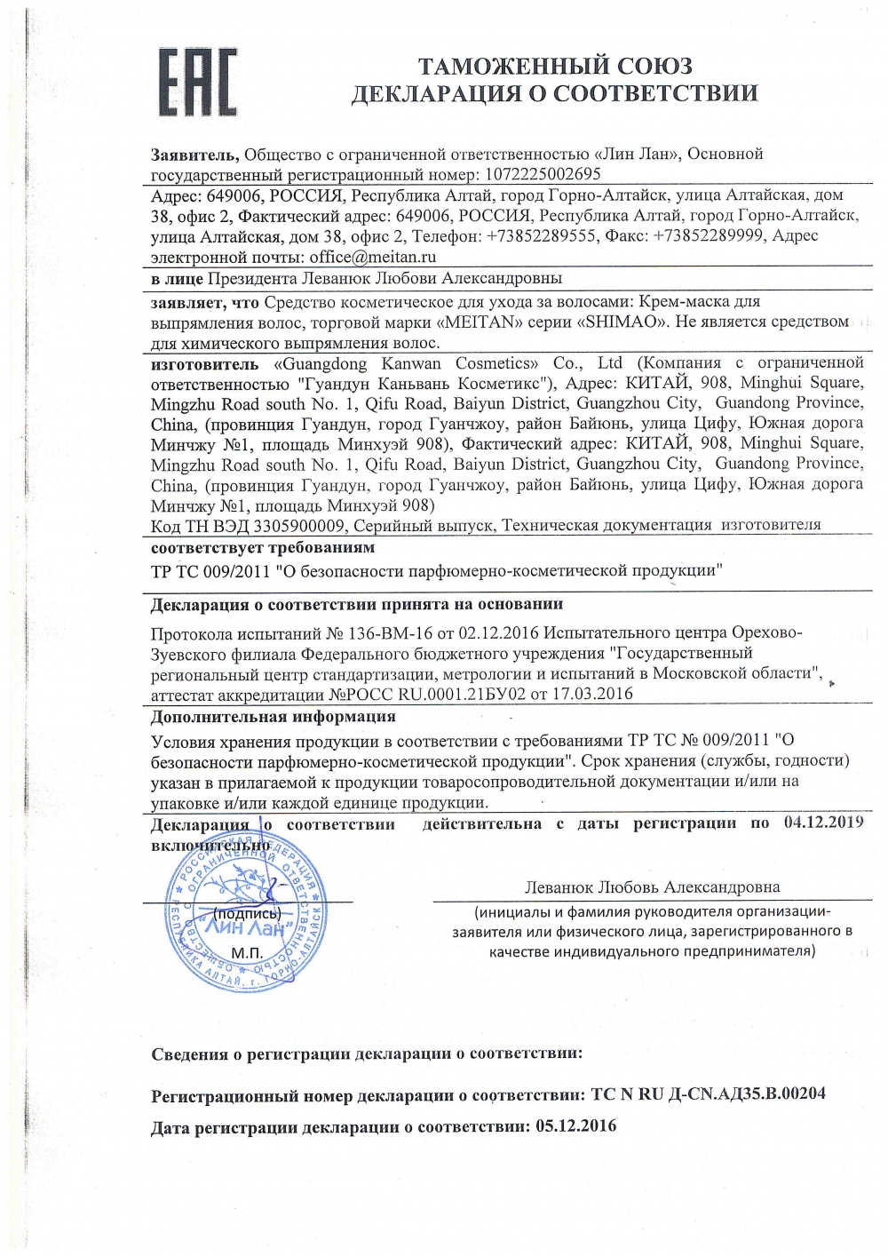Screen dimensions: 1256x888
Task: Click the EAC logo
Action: tap(197, 82)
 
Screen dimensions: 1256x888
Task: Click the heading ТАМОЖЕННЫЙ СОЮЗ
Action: tap(555, 66)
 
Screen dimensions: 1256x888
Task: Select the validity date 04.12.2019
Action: tap(823, 823)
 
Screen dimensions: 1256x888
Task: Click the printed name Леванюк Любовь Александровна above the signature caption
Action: tap(653, 886)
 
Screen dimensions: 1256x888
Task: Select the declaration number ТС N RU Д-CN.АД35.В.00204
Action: tap(708, 1093)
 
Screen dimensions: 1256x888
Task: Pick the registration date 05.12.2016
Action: tap(575, 1126)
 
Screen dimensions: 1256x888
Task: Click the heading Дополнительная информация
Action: tap(274, 716)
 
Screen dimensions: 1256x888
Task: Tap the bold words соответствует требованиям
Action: tap(263, 547)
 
